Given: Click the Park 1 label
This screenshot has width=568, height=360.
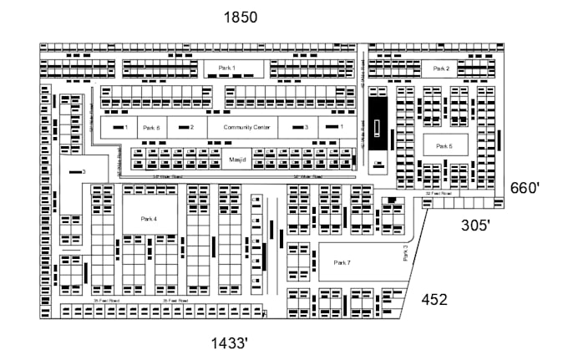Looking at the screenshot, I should [x=227, y=67].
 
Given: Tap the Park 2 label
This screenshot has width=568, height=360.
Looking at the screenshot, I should [x=441, y=68].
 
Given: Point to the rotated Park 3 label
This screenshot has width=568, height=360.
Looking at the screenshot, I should [x=406, y=252].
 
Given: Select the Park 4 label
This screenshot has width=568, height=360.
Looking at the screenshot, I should [x=149, y=218].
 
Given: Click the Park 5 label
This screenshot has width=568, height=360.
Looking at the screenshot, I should [x=444, y=146].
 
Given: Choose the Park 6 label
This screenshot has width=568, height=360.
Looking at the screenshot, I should [x=150, y=128].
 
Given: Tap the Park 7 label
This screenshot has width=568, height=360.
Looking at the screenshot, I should [x=342, y=262].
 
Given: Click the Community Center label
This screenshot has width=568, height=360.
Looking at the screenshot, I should [x=246, y=127].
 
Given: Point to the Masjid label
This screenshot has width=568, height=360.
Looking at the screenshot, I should [x=236, y=158].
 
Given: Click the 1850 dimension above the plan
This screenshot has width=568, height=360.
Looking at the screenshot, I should [x=240, y=17].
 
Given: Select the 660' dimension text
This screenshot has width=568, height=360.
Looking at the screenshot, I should [x=526, y=188].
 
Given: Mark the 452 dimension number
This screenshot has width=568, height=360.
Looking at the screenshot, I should [x=434, y=299].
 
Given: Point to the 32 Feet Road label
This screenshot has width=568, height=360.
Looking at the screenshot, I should [x=439, y=193].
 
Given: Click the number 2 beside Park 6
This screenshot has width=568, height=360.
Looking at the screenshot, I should [x=191, y=128].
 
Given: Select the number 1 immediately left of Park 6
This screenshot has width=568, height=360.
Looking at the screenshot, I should [x=125, y=128].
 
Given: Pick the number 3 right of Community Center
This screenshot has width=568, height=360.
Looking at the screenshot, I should [x=307, y=127].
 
